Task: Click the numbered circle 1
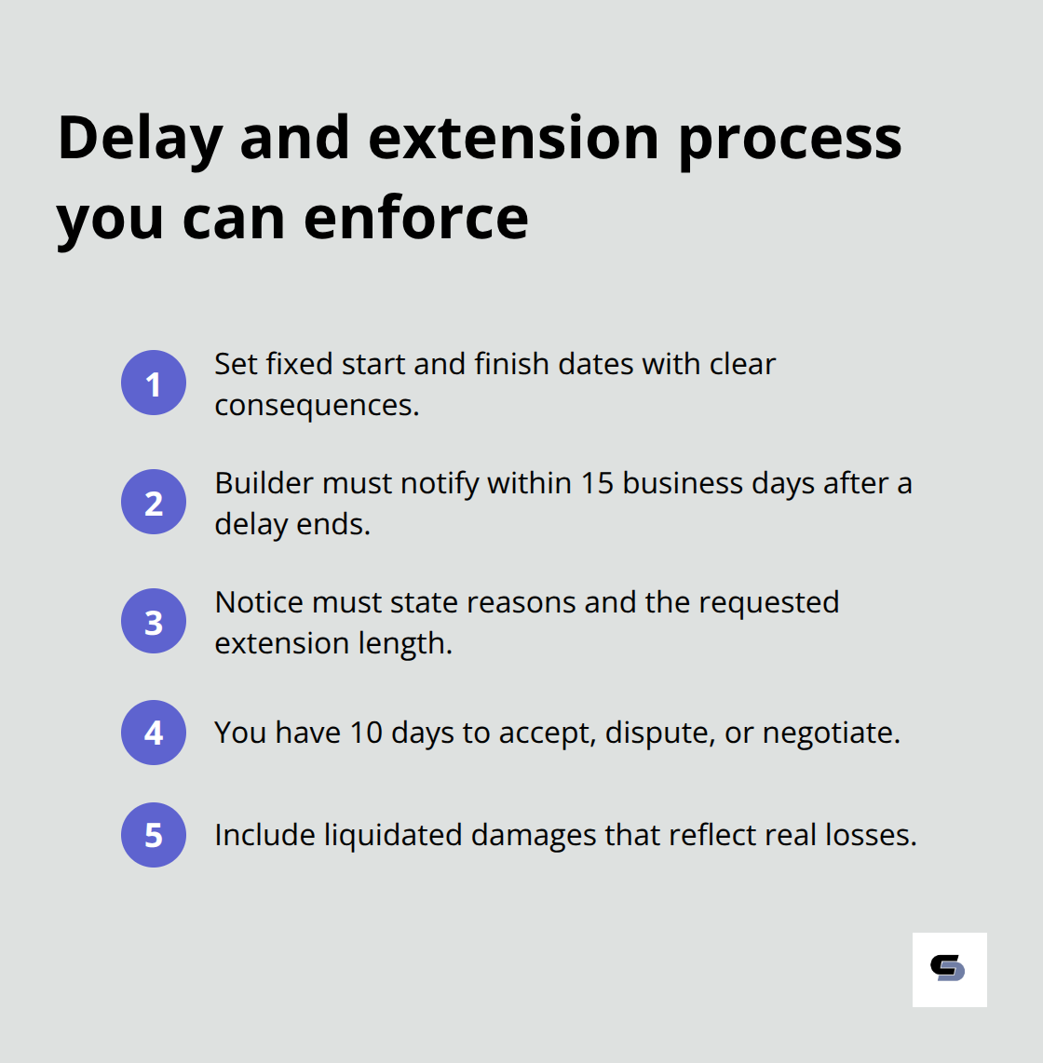(x=154, y=383)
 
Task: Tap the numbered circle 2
(x=154, y=502)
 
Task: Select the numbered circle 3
(x=154, y=621)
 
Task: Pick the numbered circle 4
(x=154, y=733)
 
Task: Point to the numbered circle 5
(x=154, y=835)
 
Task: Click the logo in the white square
(x=949, y=969)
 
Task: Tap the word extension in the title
(x=515, y=138)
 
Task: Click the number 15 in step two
(x=597, y=483)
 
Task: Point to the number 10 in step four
(x=366, y=733)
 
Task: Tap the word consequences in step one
(x=317, y=406)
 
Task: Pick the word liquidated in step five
(x=393, y=835)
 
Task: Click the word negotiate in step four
(x=831, y=733)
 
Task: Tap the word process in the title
(x=790, y=138)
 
